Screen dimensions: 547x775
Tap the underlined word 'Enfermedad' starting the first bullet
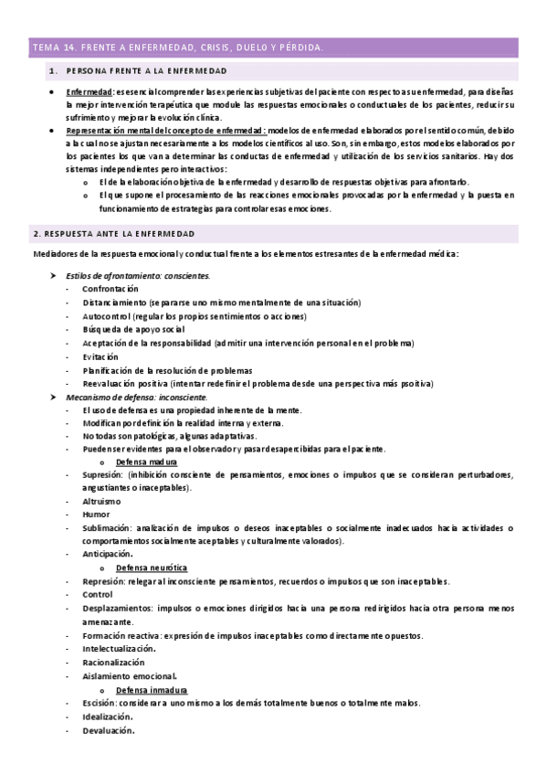[x=89, y=92]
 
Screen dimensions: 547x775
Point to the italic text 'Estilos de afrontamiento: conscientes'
[x=138, y=275]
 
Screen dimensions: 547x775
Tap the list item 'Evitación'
[x=101, y=356]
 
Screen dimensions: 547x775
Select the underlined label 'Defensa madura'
[x=147, y=462]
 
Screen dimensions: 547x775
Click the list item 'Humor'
[x=96, y=515]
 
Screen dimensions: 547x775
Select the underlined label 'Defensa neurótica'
[x=151, y=568]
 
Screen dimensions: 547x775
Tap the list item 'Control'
[x=99, y=594]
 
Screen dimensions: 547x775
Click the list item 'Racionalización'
[x=113, y=662]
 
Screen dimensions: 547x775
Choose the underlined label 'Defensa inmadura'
[x=152, y=689]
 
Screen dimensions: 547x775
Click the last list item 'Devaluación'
[x=108, y=730]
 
